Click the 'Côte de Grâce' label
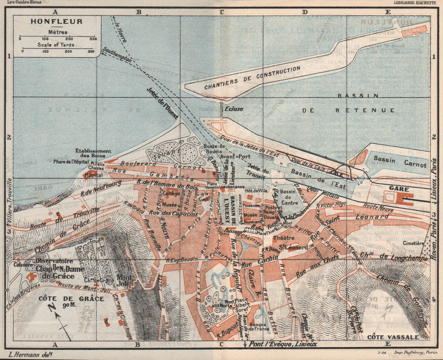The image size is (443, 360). point(71,298)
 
